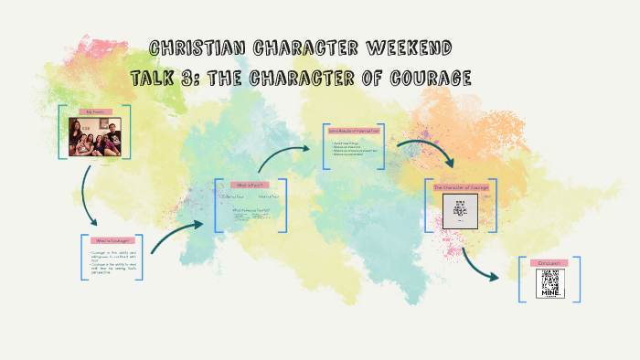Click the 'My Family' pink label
[x=95, y=111]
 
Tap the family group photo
[x=95, y=136]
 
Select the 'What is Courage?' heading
[x=111, y=241]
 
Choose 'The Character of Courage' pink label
[x=461, y=187]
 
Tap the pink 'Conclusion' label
[x=549, y=263]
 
